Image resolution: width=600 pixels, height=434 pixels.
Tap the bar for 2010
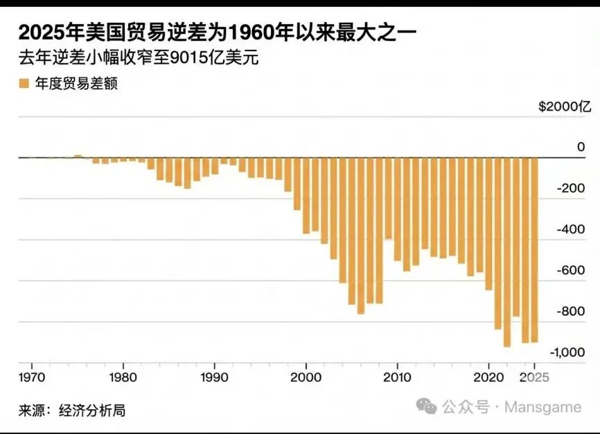(x=398, y=209)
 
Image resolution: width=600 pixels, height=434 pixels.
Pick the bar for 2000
(x=306, y=195)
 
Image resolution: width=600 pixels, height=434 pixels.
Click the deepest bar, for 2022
(x=507, y=252)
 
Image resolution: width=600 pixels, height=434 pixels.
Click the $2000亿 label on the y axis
(x=565, y=107)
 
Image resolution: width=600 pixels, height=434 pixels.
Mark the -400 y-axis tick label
(x=572, y=230)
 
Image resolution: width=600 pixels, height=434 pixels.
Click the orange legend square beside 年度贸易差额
(x=24, y=84)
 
